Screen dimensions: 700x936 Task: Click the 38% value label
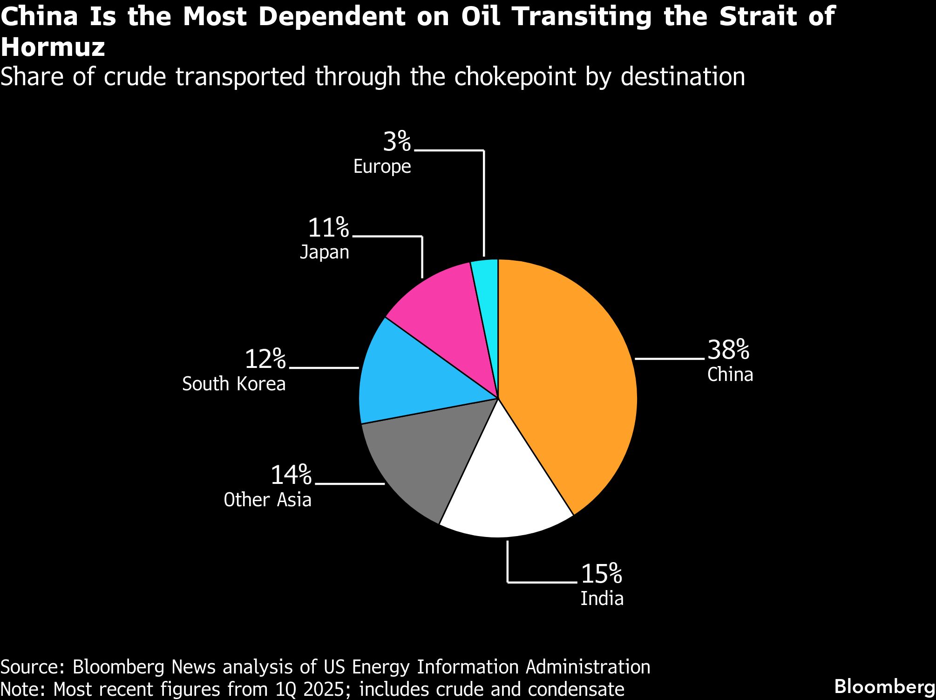click(x=728, y=350)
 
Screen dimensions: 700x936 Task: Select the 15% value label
click(x=601, y=574)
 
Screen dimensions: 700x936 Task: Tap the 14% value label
click(x=291, y=475)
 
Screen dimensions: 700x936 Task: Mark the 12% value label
click(x=265, y=359)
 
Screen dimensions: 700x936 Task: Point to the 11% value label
click(x=328, y=228)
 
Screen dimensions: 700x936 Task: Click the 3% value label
click(x=397, y=142)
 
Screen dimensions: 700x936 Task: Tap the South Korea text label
click(x=234, y=384)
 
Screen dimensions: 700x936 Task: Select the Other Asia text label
click(x=267, y=500)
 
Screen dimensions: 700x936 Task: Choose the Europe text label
click(x=382, y=167)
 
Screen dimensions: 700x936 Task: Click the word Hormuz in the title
click(x=53, y=48)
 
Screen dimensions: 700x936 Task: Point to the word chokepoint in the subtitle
click(x=515, y=77)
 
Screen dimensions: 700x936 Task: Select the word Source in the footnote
click(x=32, y=667)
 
